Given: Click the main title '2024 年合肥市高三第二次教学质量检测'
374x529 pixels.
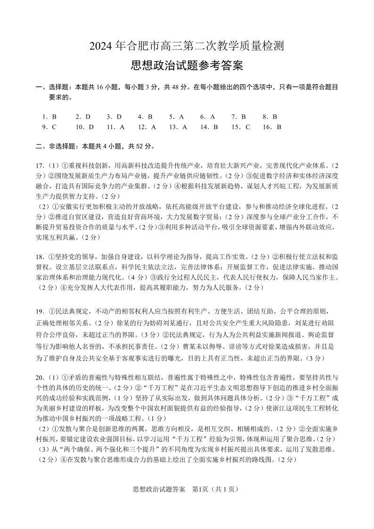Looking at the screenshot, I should (187, 46).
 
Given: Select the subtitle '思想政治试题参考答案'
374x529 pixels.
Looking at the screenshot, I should (187, 65).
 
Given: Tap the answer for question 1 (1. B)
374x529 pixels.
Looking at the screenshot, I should (49, 116).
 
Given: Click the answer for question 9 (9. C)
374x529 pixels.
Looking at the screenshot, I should (49, 127).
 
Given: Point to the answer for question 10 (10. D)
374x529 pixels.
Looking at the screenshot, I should (85, 127).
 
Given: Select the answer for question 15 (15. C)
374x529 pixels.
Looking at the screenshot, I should (241, 127).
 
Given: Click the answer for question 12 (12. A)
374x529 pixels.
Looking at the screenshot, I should (147, 127).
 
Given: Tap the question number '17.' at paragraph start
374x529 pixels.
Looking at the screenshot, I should (41, 166).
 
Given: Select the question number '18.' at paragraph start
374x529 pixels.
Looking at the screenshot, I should (41, 257).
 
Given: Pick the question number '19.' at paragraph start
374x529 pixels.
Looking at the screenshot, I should (41, 311).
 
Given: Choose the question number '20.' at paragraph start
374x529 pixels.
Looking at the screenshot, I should (41, 378).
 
